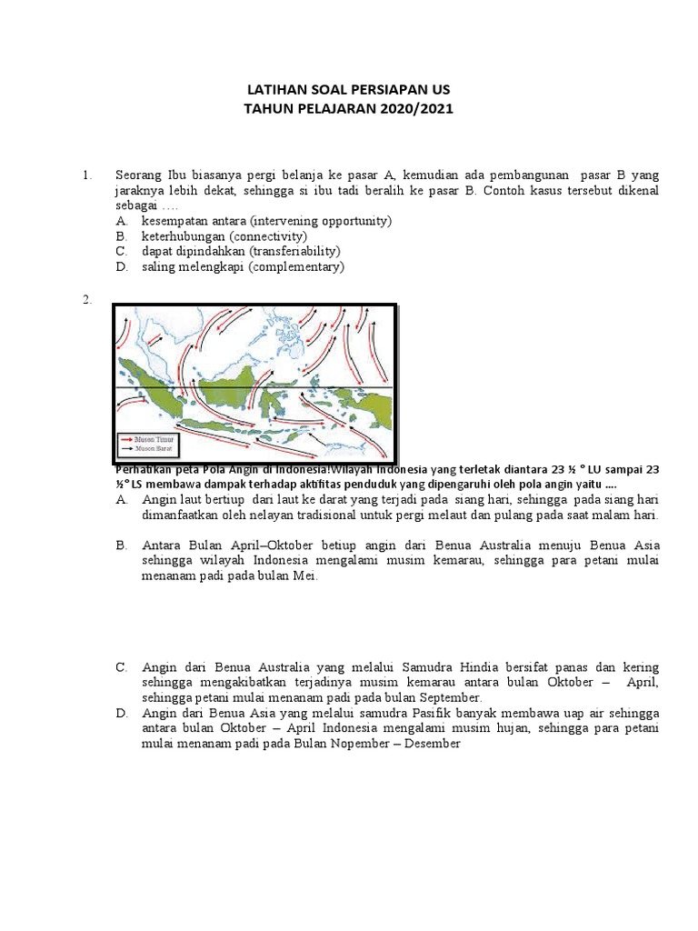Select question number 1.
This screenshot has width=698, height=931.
pos(87,175)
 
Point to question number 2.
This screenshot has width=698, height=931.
pos(87,301)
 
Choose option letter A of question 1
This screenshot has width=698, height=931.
pos(121,221)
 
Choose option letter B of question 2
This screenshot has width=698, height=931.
pos(121,546)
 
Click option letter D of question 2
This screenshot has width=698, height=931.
pos(121,714)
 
